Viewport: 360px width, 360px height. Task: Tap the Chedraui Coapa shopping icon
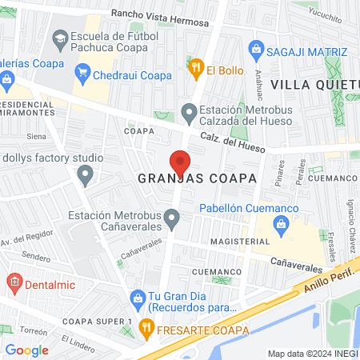tap(82, 74)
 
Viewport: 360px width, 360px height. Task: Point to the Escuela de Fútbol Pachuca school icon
tap(59, 38)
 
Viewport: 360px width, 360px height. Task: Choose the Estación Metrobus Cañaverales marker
tap(171, 216)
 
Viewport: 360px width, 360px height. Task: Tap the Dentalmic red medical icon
tap(12, 282)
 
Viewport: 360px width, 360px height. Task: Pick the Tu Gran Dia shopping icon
tap(137, 298)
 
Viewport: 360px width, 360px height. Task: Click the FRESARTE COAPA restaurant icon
tap(146, 327)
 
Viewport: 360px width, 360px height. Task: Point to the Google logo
tap(26, 350)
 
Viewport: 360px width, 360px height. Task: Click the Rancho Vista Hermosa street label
tap(160, 14)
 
